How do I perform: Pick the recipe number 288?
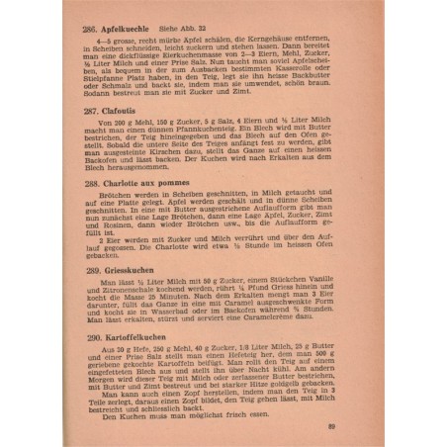tap(94, 184)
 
